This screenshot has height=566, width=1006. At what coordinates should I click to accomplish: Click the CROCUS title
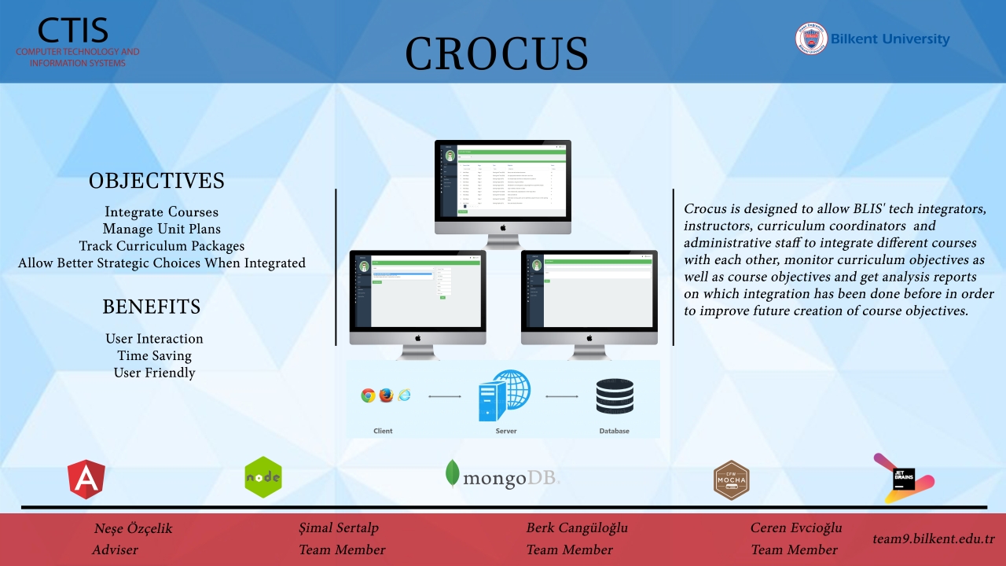pos(497,53)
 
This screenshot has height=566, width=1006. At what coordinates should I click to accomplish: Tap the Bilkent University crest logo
pos(811,39)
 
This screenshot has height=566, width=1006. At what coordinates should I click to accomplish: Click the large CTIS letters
pos(72,30)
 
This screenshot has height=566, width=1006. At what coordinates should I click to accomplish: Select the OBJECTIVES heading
pos(156,181)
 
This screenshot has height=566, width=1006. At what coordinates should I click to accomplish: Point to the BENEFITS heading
pos(152,307)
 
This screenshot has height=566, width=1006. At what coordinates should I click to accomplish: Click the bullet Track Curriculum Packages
pos(162,246)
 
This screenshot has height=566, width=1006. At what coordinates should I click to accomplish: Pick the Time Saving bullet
pos(155,355)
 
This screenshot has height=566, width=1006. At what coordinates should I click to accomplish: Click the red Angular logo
pos(86,480)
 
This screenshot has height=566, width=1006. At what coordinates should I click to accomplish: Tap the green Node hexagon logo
pos(263,477)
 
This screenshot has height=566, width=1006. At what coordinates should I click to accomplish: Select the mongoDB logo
pos(503,475)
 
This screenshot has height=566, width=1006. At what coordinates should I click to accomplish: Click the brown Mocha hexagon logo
pos(731,480)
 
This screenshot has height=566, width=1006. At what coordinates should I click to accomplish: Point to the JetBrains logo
pos(905,479)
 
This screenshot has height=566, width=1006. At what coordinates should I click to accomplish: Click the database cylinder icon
pos(615,396)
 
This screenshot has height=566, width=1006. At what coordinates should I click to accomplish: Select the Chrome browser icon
pos(368,395)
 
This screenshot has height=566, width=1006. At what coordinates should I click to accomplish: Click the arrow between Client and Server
pos(445,396)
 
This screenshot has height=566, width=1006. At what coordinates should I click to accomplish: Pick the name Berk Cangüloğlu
pos(577,527)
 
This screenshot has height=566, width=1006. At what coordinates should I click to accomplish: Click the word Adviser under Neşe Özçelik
pos(115,549)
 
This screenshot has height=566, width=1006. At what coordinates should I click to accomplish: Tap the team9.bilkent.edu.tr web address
pos(934,539)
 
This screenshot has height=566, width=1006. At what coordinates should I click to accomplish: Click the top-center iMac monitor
pos(503,185)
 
